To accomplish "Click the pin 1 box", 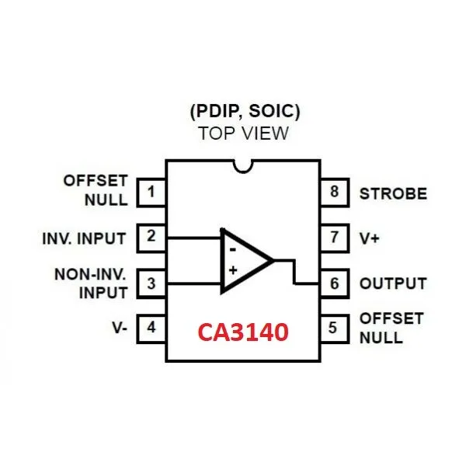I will pos(151,191).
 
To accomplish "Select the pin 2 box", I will pos(151,236).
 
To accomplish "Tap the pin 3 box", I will pos(151,283).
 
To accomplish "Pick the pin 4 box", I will pos(151,328).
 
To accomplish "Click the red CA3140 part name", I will pos(242,332).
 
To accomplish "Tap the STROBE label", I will pos(392,193).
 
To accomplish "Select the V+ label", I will pos(369,238).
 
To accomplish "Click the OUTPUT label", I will pos(392,283).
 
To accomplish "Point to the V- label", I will pos(119,328).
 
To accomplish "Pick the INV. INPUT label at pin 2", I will pos(84,237).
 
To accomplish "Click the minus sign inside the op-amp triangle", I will pos(231,249).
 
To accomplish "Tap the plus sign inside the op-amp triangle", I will pos(231,271).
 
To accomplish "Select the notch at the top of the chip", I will pos(243,165).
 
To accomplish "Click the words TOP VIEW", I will pos(242,133).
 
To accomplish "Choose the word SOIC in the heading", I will pos(272,111).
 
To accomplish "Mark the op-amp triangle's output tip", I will pos(273,260).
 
